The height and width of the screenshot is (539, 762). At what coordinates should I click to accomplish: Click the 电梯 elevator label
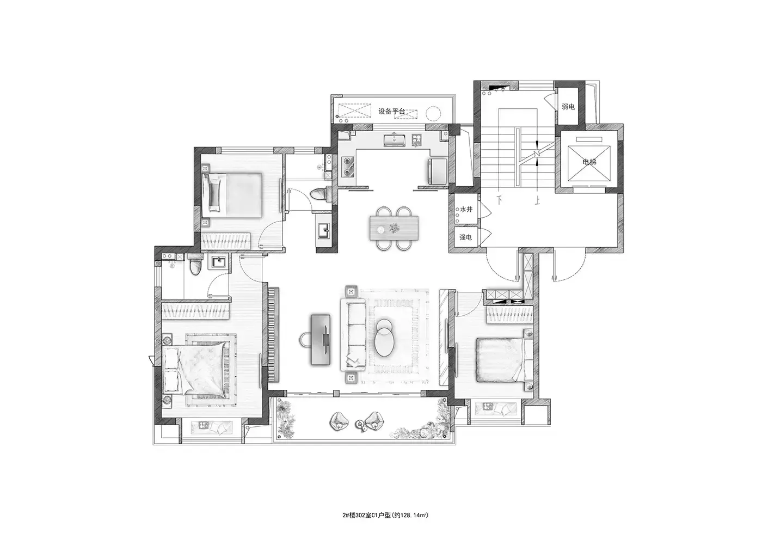coord(589,162)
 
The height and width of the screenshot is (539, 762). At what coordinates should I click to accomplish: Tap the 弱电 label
coord(568,107)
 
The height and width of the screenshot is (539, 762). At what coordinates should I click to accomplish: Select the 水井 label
coord(466,210)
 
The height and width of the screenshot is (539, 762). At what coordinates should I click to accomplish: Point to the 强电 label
coord(465,237)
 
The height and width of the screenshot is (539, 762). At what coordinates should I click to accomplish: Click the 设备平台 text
coord(391,111)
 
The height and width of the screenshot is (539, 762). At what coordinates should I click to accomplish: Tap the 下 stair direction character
coord(500,200)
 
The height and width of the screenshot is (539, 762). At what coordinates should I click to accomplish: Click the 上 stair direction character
coord(537,201)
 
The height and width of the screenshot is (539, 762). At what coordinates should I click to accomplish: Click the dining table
coord(394,228)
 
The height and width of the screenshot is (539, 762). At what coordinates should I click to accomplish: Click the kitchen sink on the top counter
coord(394,140)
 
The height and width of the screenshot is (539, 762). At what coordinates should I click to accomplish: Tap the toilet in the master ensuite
coord(195,265)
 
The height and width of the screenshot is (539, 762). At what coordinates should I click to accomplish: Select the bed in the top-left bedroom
coord(232,195)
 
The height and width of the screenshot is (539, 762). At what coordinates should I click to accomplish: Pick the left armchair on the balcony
coord(339,421)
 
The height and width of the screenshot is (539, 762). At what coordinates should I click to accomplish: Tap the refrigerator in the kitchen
coord(438,171)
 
